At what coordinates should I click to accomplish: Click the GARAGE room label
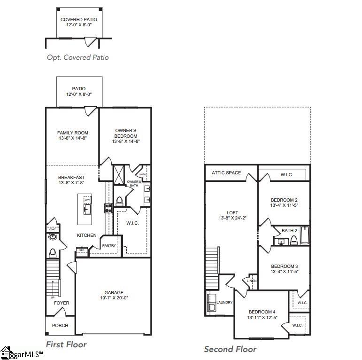(x=113, y=292)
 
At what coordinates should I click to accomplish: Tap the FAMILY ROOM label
(x=73, y=133)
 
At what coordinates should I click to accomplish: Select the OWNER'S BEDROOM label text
(x=126, y=133)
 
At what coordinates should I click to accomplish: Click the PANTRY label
(x=109, y=245)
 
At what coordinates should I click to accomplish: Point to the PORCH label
(x=60, y=325)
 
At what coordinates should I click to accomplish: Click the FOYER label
(x=62, y=303)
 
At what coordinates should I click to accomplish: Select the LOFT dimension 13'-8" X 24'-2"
(x=232, y=218)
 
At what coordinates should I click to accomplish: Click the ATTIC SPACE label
(x=226, y=173)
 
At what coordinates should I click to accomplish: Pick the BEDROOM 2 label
(x=284, y=200)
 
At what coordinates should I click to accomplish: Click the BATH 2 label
(x=290, y=230)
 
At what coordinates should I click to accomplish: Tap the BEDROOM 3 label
(x=284, y=266)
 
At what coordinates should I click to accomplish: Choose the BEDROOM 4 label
(x=262, y=312)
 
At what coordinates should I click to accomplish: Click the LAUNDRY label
(x=224, y=302)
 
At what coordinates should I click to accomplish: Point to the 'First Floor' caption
(x=66, y=344)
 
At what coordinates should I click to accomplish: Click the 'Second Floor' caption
(x=230, y=349)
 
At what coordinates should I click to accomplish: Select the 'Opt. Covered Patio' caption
(x=77, y=57)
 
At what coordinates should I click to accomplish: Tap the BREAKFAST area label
(x=71, y=177)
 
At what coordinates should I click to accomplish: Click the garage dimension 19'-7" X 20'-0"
(x=113, y=297)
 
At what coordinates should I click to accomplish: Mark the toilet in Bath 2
(x=294, y=241)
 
